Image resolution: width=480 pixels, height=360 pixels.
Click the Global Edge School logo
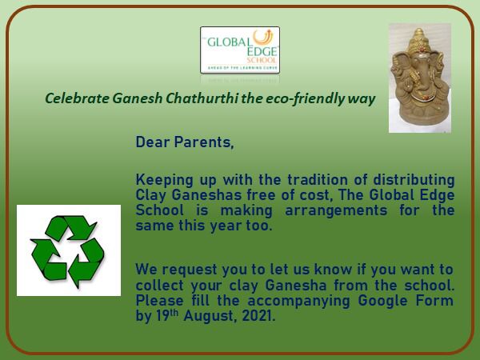click(x=240, y=50)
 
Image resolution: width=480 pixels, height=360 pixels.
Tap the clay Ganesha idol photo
click(x=420, y=78)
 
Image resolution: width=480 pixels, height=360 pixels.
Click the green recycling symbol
click(x=68, y=251)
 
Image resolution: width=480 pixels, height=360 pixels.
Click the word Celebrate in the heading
click(x=77, y=98)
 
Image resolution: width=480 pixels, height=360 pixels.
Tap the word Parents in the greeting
click(x=204, y=142)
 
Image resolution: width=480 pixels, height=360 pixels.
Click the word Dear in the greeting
click(x=153, y=142)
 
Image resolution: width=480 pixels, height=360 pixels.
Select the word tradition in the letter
click(x=318, y=180)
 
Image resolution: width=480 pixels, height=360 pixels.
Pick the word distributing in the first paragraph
click(x=414, y=180)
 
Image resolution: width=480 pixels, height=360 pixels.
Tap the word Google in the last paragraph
click(x=382, y=301)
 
